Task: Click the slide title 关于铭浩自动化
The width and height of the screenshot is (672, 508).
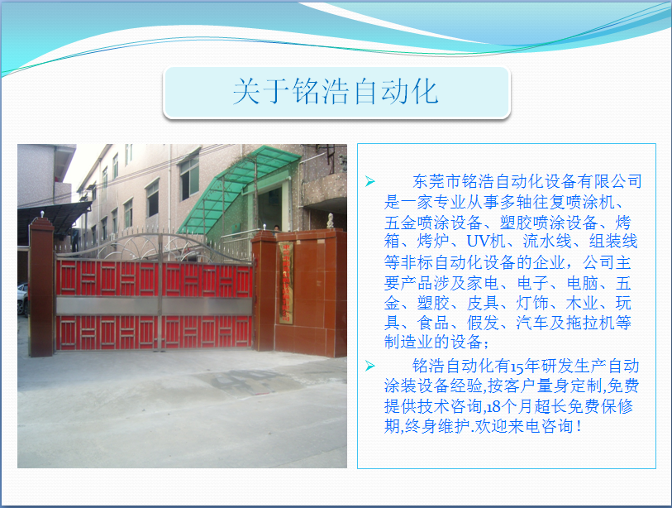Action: tap(336, 91)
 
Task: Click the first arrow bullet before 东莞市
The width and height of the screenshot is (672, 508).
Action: tap(369, 181)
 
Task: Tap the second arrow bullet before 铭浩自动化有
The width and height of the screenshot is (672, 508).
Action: tap(369, 366)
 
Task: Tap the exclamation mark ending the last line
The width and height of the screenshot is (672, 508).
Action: tap(579, 426)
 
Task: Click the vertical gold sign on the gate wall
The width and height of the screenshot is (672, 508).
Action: tap(286, 282)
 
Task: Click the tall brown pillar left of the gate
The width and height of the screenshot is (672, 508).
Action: tap(41, 287)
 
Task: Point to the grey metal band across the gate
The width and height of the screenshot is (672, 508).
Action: tap(155, 305)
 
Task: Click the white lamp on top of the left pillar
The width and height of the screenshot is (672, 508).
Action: tap(42, 214)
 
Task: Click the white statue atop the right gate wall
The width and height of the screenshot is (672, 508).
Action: tap(331, 221)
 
